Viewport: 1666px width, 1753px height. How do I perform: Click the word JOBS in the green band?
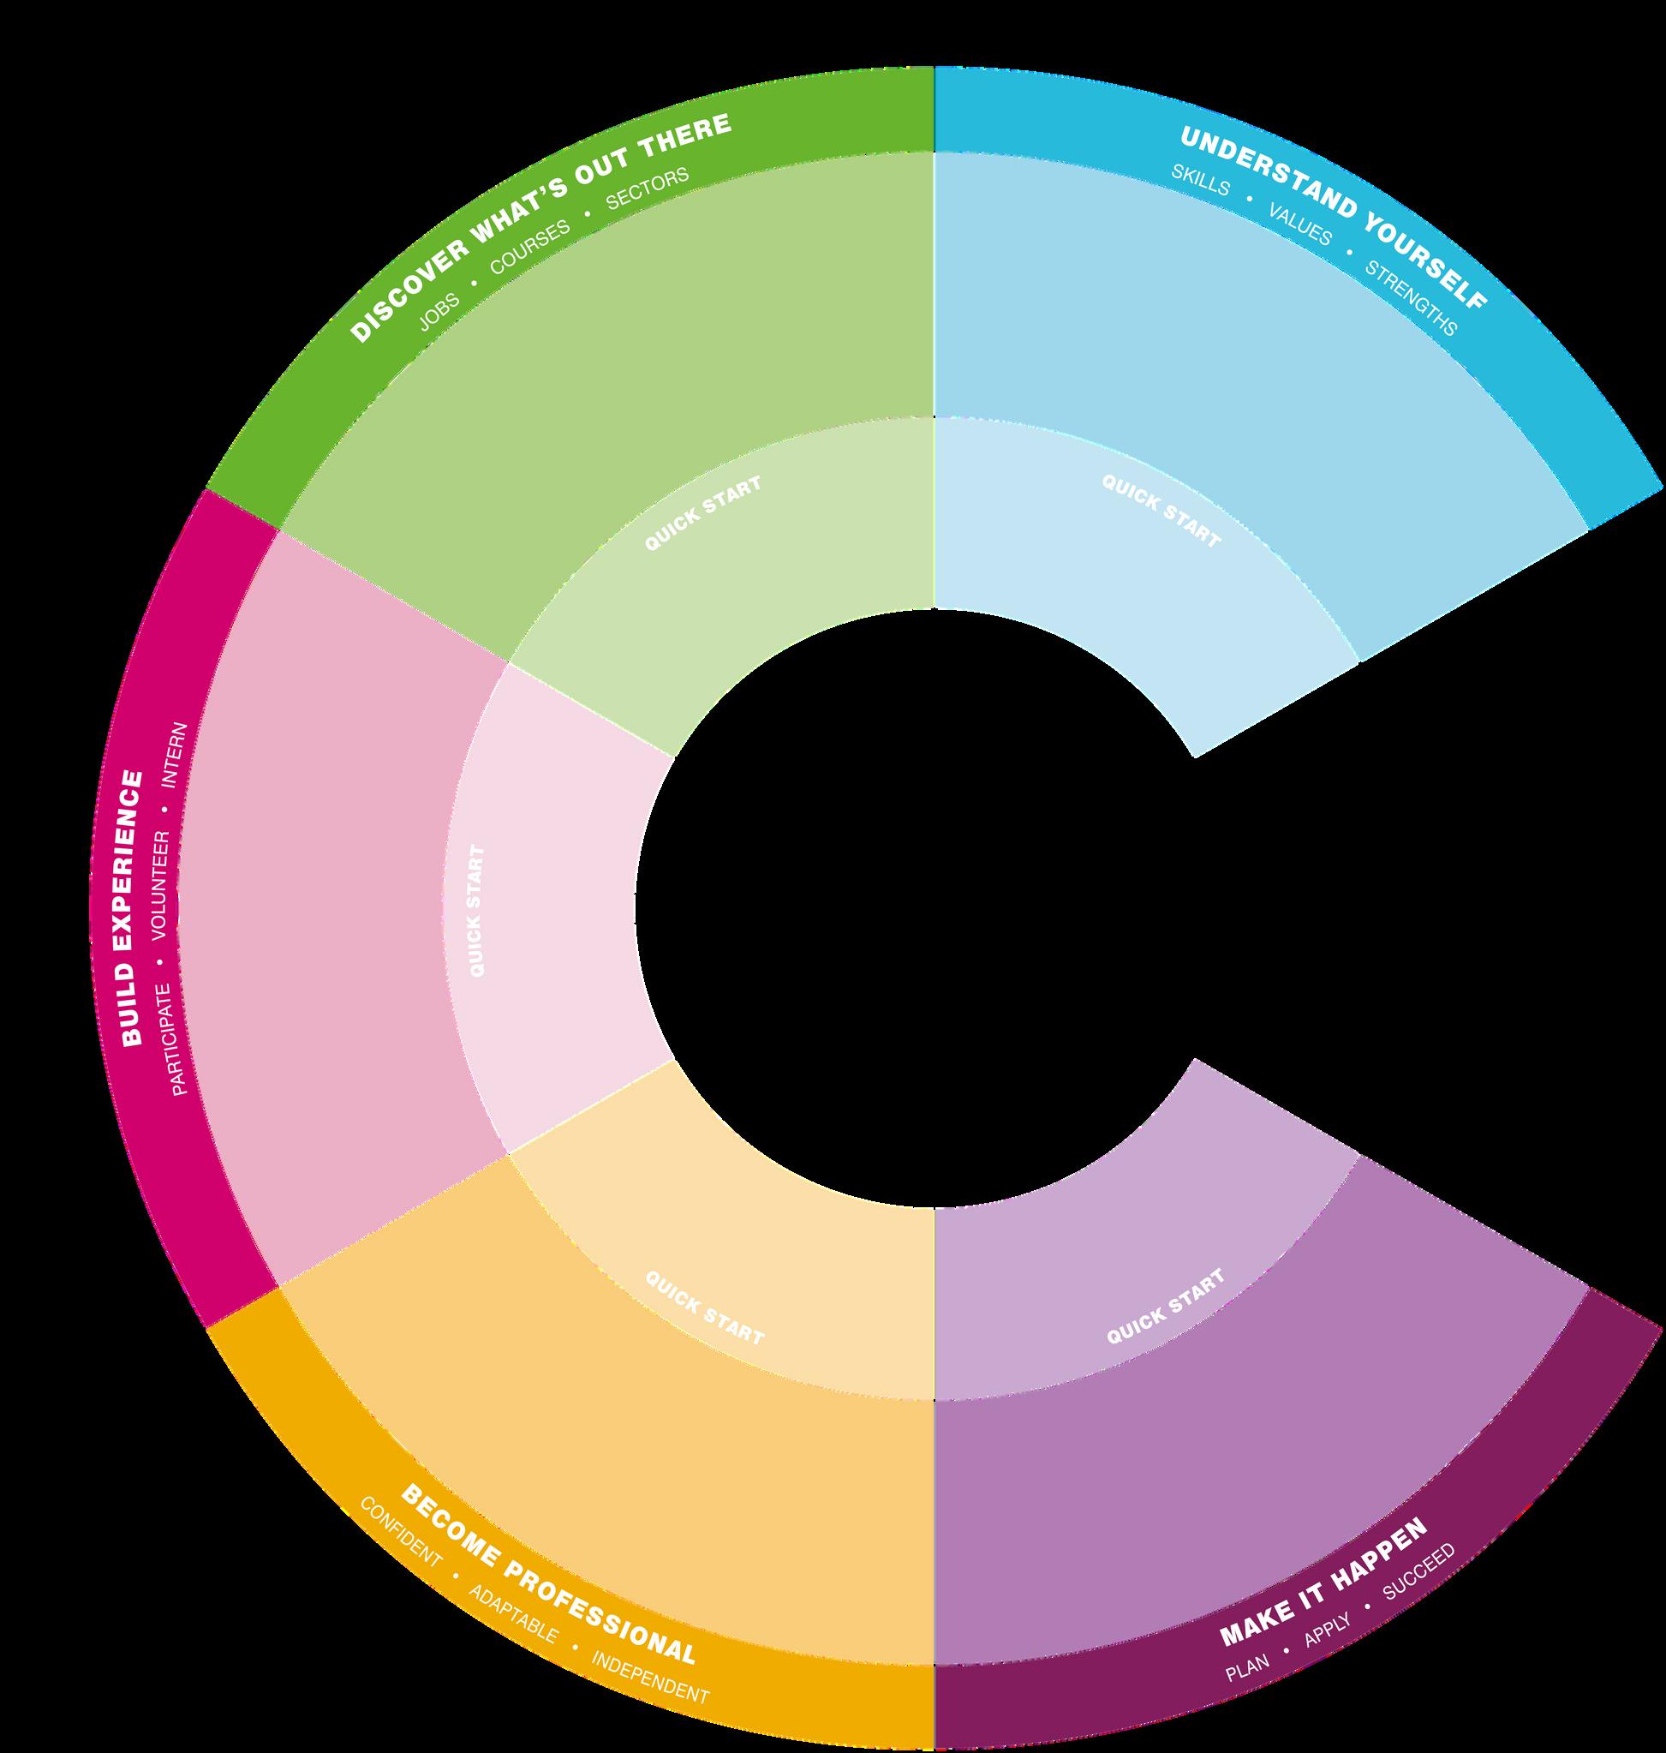click(439, 313)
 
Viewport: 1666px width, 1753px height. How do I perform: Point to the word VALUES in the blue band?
click(1300, 225)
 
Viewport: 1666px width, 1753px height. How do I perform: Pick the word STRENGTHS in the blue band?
click(1411, 298)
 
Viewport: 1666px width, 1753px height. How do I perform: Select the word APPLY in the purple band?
click(1328, 1632)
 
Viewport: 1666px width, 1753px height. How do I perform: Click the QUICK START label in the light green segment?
click(702, 513)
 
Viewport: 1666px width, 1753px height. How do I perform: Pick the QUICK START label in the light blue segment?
click(1161, 510)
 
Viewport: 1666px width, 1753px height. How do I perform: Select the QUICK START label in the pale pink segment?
click(477, 911)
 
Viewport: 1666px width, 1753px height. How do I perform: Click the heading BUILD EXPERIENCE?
click(131, 908)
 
